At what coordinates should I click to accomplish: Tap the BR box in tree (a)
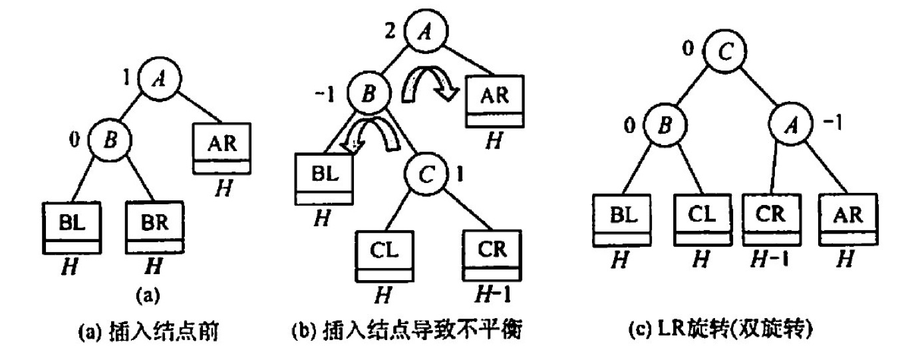155,228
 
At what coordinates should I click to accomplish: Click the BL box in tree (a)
72,228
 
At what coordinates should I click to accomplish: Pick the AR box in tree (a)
222,146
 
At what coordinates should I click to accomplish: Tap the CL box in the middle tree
384,254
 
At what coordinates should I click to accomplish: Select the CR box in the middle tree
492,254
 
